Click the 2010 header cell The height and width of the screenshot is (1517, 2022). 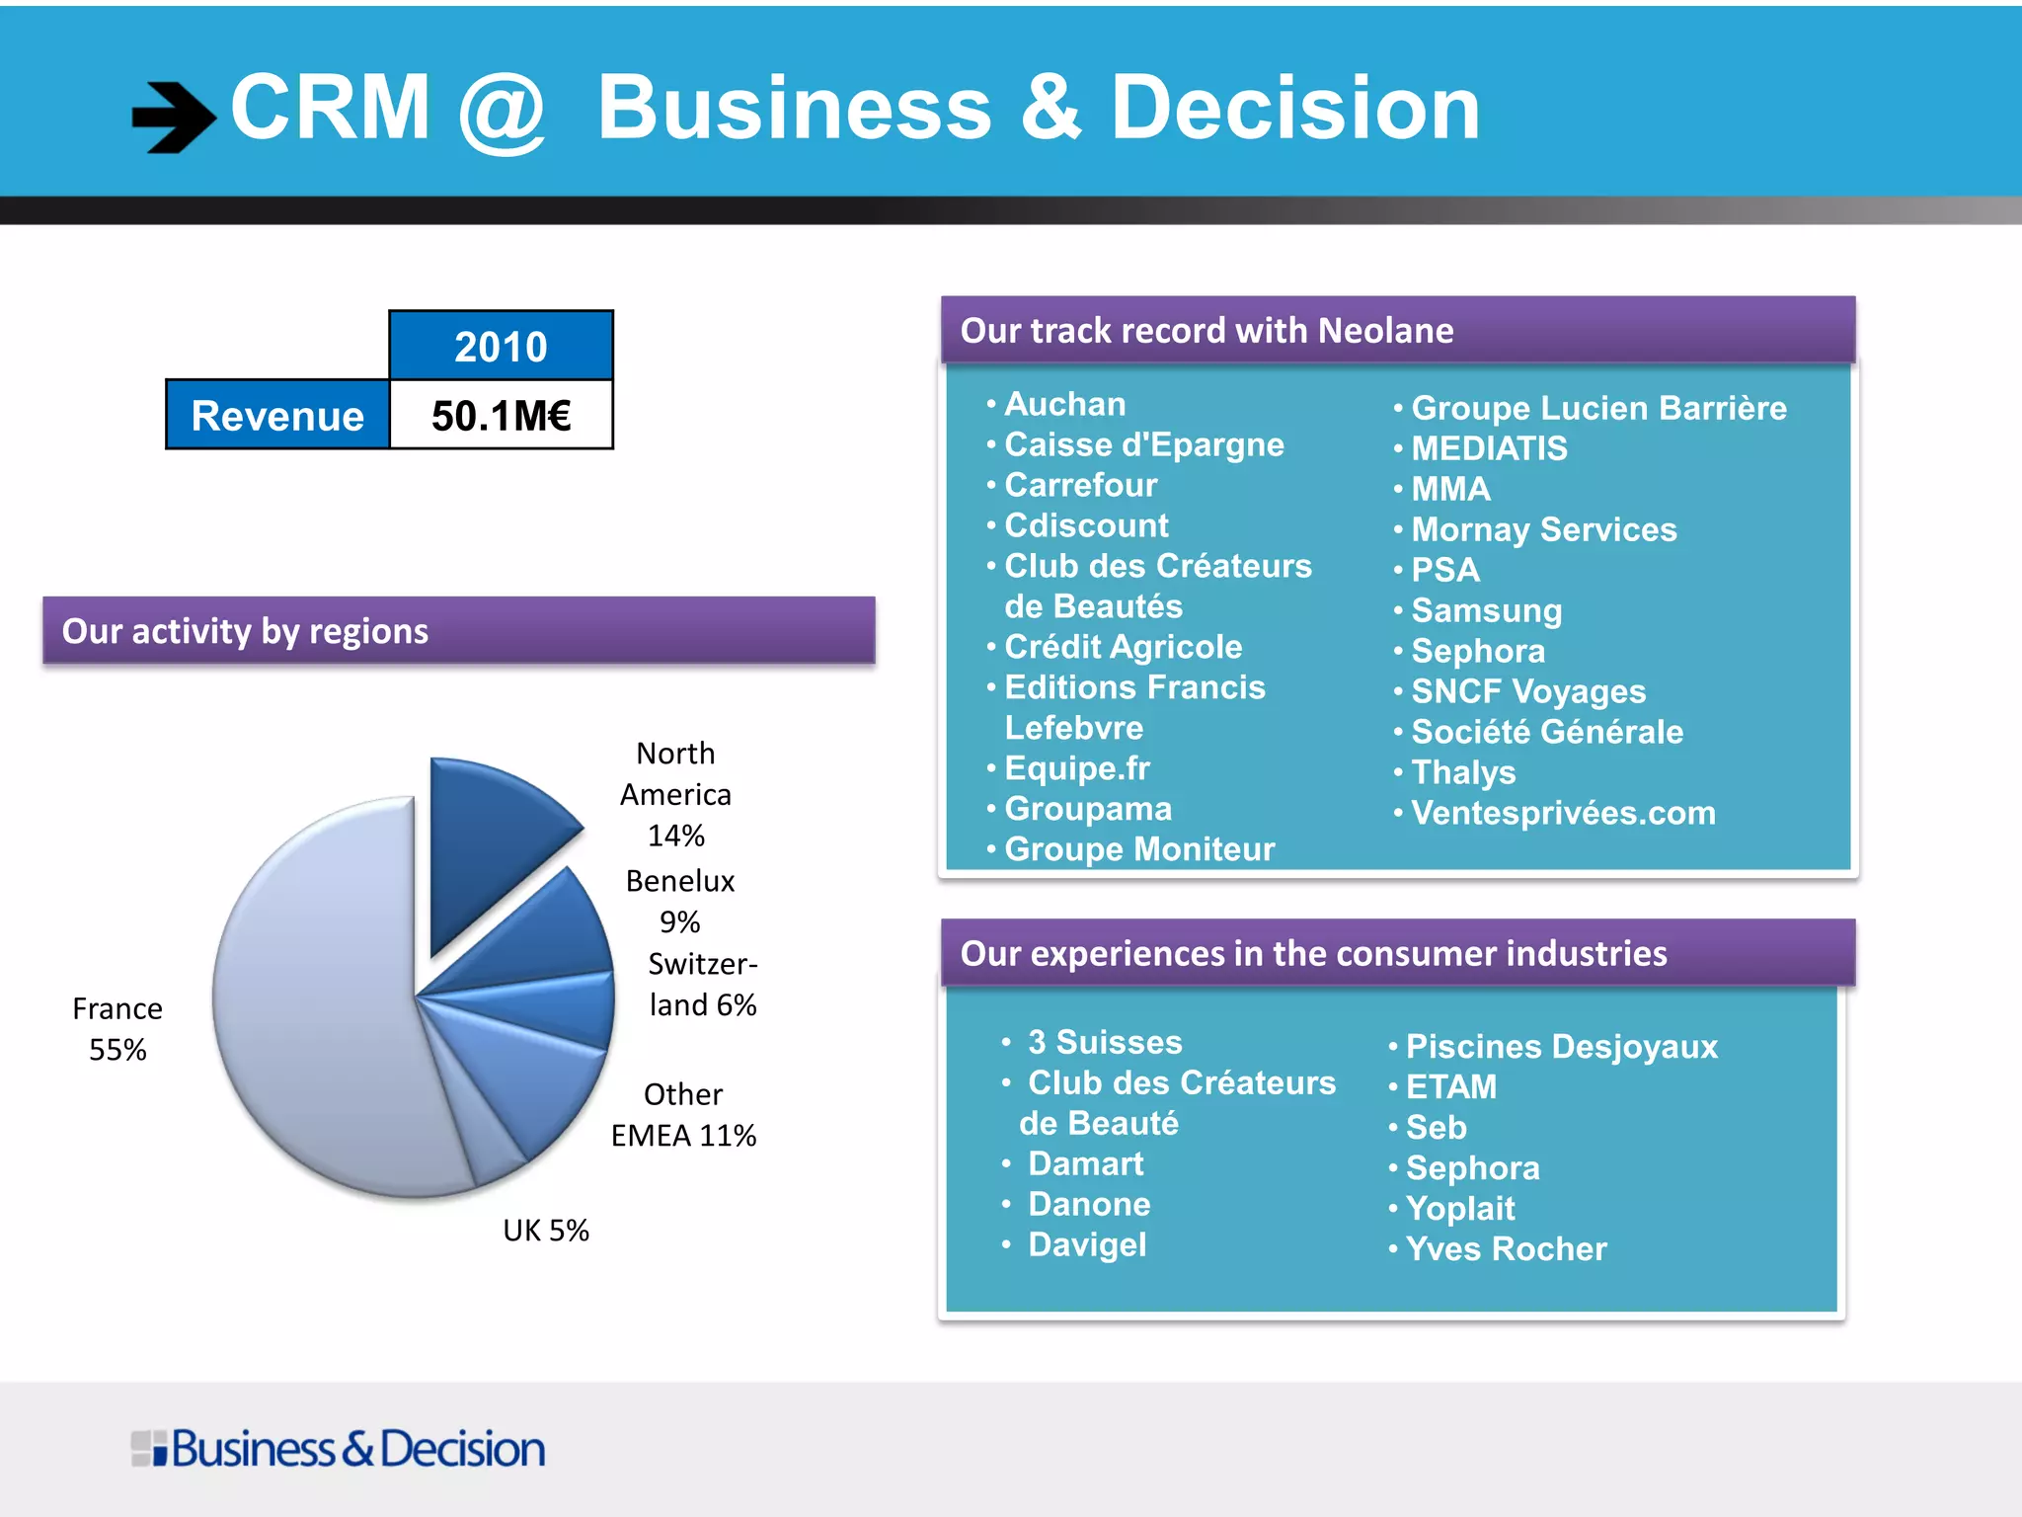click(x=501, y=346)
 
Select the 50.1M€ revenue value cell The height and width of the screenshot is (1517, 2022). click(x=501, y=416)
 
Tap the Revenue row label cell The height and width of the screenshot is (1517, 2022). click(x=277, y=416)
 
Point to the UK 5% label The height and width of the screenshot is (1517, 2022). click(x=545, y=1231)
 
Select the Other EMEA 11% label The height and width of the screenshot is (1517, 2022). click(x=683, y=1115)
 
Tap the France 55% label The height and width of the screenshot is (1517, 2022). click(x=117, y=1029)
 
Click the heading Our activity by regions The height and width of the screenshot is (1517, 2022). click(x=245, y=631)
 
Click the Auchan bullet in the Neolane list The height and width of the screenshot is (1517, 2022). click(x=1064, y=404)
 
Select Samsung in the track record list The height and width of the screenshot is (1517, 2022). click(x=1486, y=610)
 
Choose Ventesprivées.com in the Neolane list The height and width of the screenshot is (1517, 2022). click(x=1563, y=813)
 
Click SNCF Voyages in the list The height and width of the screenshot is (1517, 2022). click(x=1528, y=691)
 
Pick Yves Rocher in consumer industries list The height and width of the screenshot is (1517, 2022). click(x=1506, y=1248)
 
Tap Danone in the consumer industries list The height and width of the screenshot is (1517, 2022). click(x=1089, y=1204)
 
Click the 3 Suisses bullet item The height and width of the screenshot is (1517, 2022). click(x=1104, y=1042)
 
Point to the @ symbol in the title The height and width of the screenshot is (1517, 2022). click(x=502, y=111)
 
